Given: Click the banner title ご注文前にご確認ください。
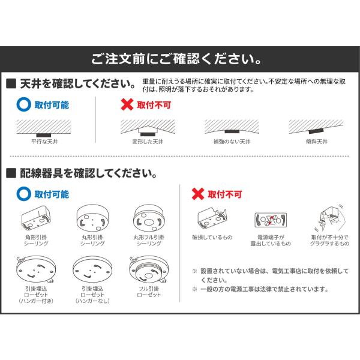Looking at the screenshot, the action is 176,59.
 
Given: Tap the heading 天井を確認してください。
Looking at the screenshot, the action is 78,83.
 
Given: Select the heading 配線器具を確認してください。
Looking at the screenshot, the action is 89,173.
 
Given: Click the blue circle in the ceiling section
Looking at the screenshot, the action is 24,104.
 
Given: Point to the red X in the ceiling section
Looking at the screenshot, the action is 127,104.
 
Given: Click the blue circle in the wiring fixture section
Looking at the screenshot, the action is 24,194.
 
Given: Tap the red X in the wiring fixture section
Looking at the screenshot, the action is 198,194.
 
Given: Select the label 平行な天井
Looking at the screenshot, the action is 44,142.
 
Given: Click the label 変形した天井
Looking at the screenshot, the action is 148,142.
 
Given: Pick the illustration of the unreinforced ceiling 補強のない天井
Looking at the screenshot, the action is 232,127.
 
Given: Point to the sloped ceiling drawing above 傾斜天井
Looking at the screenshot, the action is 316,127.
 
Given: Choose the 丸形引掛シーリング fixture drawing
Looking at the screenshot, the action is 93,218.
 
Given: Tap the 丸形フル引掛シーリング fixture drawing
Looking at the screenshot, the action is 149,218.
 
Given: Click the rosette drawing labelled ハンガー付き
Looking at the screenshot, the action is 36,270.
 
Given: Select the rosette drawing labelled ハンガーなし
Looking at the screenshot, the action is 92,269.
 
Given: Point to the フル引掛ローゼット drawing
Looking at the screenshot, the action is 149,270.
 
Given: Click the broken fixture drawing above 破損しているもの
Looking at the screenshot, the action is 212,218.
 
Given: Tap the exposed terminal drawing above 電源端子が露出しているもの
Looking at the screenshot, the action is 271,220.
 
